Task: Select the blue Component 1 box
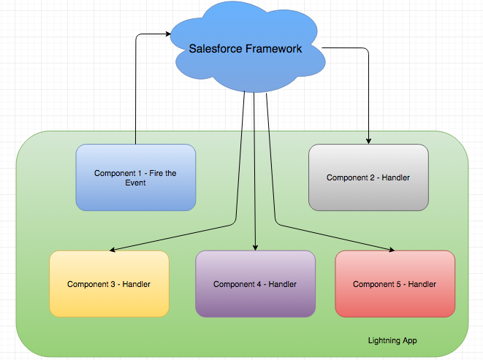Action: click(136, 177)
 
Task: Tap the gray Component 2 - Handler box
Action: click(368, 177)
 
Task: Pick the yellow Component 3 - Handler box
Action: click(109, 284)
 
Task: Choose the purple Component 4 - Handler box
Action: click(255, 284)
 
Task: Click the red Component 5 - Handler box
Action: click(395, 284)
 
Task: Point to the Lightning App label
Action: click(393, 341)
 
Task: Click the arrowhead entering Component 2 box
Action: click(368, 141)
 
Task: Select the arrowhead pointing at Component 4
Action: click(255, 248)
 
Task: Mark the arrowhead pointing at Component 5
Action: click(391, 250)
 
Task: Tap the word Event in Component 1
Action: click(135, 183)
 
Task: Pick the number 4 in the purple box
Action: click(259, 284)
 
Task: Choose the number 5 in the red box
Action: click(399, 284)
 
